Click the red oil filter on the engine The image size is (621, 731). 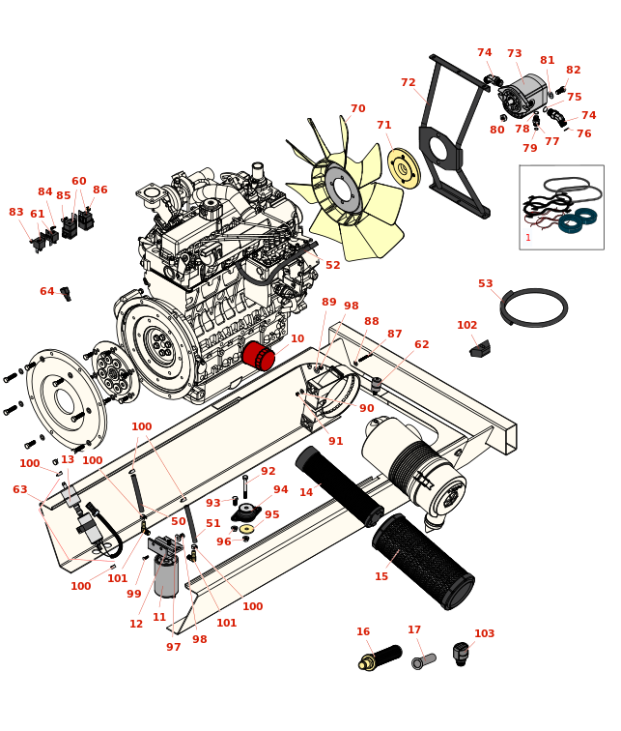[x=258, y=356]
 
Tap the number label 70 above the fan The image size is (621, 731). [x=357, y=109]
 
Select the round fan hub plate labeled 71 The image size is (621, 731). [x=404, y=168]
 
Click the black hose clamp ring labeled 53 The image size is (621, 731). [x=534, y=307]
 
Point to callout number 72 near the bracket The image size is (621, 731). [x=409, y=83]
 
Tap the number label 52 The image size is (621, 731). [x=332, y=266]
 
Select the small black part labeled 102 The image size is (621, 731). [x=480, y=349]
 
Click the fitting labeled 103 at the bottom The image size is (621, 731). [x=461, y=654]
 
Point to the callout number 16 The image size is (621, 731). [x=363, y=632]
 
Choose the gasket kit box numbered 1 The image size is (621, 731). [x=561, y=207]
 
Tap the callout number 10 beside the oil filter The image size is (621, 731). [x=297, y=339]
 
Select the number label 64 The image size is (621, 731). [x=47, y=292]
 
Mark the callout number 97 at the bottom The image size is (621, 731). [x=173, y=648]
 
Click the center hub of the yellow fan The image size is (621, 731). [x=341, y=189]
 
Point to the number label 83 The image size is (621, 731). [x=16, y=213]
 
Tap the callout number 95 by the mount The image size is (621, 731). [x=272, y=515]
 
